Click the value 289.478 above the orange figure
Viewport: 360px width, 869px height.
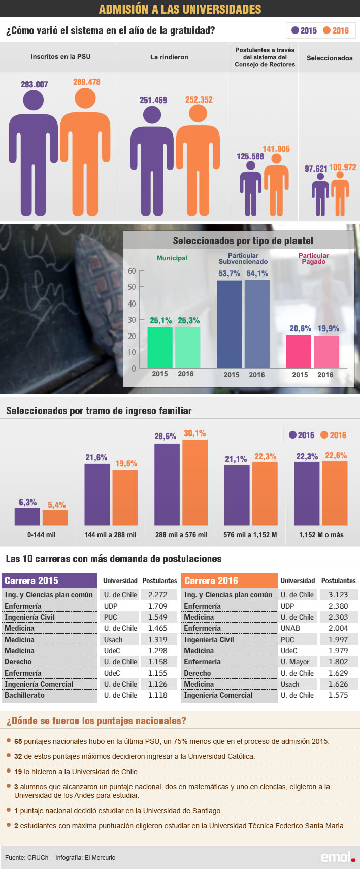pyautogui.click(x=86, y=82)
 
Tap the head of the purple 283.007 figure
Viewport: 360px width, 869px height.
pyautogui.click(x=34, y=99)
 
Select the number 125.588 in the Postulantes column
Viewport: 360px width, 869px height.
pyautogui.click(x=250, y=156)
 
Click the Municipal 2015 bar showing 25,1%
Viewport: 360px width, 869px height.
pyautogui.click(x=160, y=347)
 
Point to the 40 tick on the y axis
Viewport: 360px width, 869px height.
pyautogui.click(x=132, y=304)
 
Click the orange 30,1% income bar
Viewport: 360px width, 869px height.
pyautogui.click(x=195, y=482)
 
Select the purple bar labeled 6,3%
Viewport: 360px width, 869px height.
pyautogui.click(x=27, y=516)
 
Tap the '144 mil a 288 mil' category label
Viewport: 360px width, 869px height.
pyautogui.click(x=110, y=534)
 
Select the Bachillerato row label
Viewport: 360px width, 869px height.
pyautogui.click(x=24, y=695)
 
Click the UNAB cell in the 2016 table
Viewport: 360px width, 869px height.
pyautogui.click(x=290, y=628)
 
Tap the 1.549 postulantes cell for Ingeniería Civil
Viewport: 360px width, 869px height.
pyautogui.click(x=157, y=617)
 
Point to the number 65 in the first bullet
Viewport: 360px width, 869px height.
pyautogui.click(x=18, y=741)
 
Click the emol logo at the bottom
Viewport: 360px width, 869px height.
pyautogui.click(x=337, y=857)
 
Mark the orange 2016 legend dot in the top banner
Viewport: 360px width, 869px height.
pyautogui.click(x=326, y=30)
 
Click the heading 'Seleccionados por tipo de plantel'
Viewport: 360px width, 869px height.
pyautogui.click(x=243, y=241)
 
